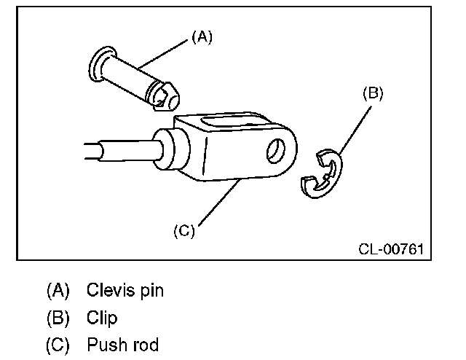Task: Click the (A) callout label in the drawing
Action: pyautogui.click(x=202, y=37)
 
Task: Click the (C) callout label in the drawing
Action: pyautogui.click(x=185, y=232)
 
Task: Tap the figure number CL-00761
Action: pyautogui.click(x=390, y=249)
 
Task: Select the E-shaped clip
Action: pyautogui.click(x=322, y=176)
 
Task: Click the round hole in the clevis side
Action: pyautogui.click(x=276, y=151)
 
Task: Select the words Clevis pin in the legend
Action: pyautogui.click(x=125, y=290)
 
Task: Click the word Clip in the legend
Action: pyautogui.click(x=102, y=318)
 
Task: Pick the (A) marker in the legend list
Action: pyautogui.click(x=58, y=290)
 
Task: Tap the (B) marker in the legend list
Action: pyautogui.click(x=58, y=318)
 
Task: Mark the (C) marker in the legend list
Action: pyautogui.click(x=58, y=345)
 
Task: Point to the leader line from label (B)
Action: pyautogui.click(x=352, y=129)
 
